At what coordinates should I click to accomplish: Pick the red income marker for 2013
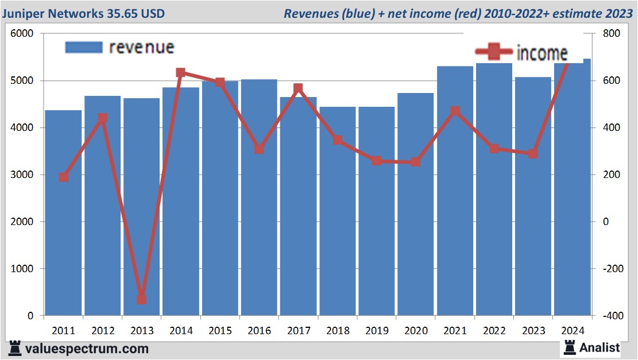pyautogui.click(x=141, y=299)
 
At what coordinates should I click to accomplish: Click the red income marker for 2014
pyautogui.click(x=180, y=73)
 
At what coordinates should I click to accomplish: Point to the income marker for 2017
pyautogui.click(x=298, y=88)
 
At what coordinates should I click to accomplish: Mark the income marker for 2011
pyautogui.click(x=64, y=177)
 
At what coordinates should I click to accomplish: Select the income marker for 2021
pyautogui.click(x=455, y=111)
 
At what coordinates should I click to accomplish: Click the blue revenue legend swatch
pyautogui.click(x=83, y=47)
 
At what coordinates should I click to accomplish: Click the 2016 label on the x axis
pyautogui.click(x=259, y=331)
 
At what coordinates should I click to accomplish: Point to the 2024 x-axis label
pyautogui.click(x=572, y=331)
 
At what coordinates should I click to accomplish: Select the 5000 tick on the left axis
pyautogui.click(x=22, y=81)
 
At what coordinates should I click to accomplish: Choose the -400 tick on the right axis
pyautogui.click(x=612, y=316)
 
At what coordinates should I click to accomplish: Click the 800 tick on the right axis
pyautogui.click(x=612, y=34)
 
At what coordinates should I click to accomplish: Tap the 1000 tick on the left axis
pyautogui.click(x=22, y=269)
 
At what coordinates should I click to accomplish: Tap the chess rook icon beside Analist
pyautogui.click(x=569, y=347)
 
